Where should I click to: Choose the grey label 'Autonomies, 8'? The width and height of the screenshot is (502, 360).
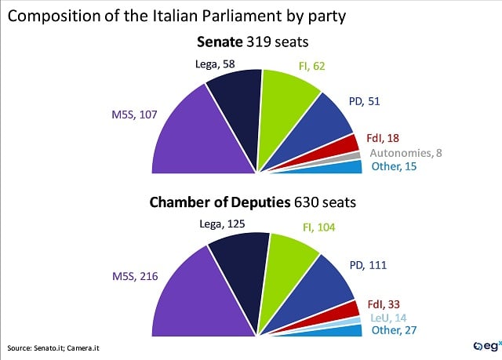coord(406,152)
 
